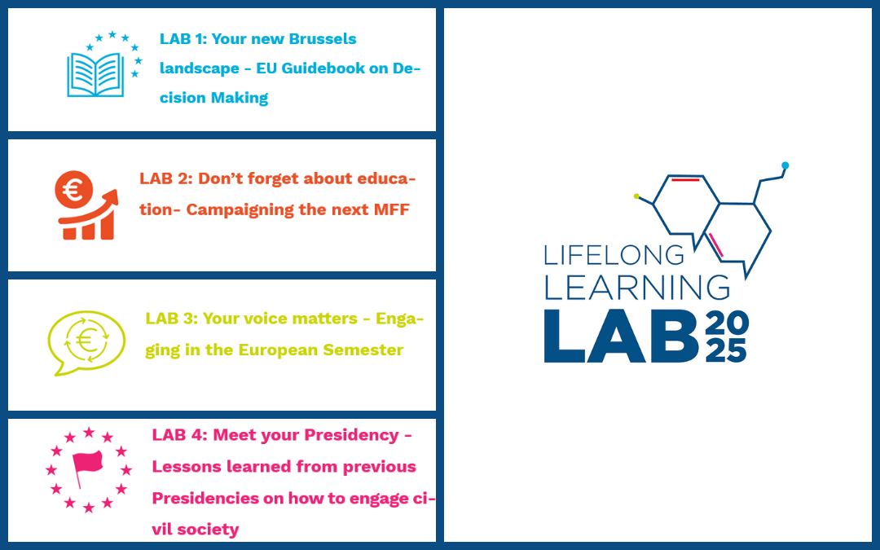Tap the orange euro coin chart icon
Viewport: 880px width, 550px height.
click(x=86, y=206)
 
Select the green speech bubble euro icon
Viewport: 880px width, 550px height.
click(x=86, y=341)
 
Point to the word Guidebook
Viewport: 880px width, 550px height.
click(x=324, y=68)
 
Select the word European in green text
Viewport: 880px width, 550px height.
click(x=276, y=350)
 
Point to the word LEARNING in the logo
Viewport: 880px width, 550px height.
click(x=636, y=287)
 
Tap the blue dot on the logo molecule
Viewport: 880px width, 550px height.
click(x=785, y=165)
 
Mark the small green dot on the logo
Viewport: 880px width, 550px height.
click(x=636, y=196)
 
